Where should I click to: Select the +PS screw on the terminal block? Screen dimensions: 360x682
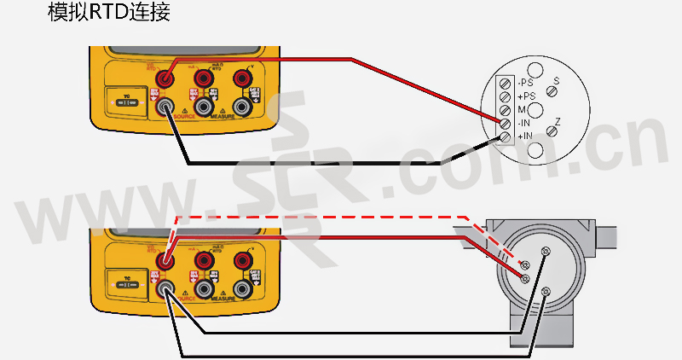click(x=505, y=96)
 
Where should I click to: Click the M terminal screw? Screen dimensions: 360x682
click(x=505, y=110)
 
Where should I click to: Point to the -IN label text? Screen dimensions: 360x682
click(x=524, y=123)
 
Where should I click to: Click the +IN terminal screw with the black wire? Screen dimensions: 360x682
click(x=505, y=136)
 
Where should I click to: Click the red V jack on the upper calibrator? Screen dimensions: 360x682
click(x=246, y=78)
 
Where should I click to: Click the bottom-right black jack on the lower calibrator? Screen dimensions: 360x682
click(x=246, y=288)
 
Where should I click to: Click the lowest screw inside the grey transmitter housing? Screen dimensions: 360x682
click(x=546, y=292)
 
